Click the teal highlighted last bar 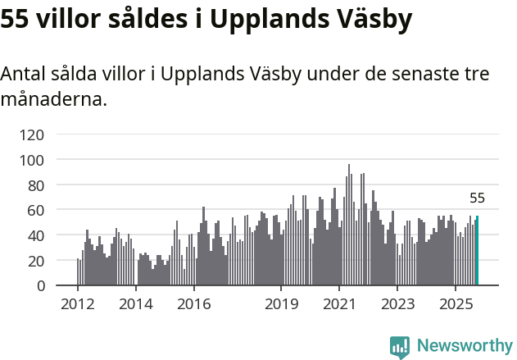coord(477,251)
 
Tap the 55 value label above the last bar coord(477,198)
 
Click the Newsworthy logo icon coord(400,347)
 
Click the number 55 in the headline coord(17,19)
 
